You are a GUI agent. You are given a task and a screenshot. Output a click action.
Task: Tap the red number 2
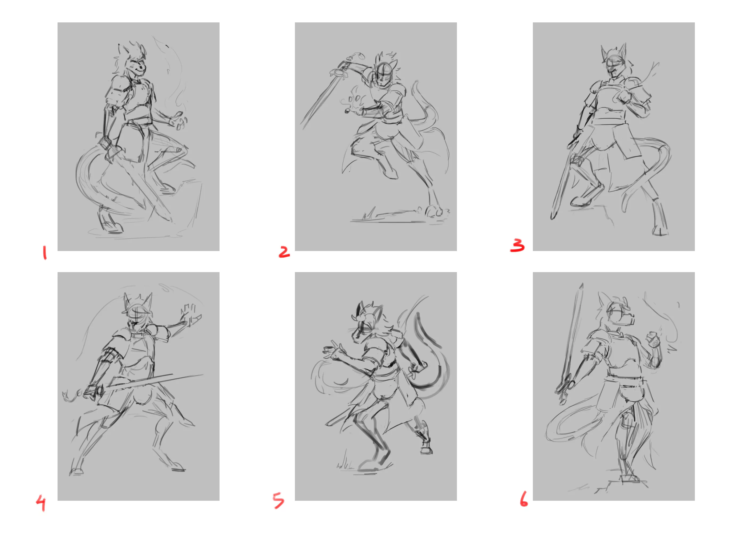[x=284, y=252]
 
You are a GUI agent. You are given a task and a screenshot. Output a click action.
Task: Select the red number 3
[x=517, y=245]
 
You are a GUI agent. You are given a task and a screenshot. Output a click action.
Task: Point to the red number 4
[x=41, y=503]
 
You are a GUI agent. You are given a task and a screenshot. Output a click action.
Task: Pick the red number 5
[x=278, y=501]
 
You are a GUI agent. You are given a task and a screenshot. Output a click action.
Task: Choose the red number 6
[x=524, y=499]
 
